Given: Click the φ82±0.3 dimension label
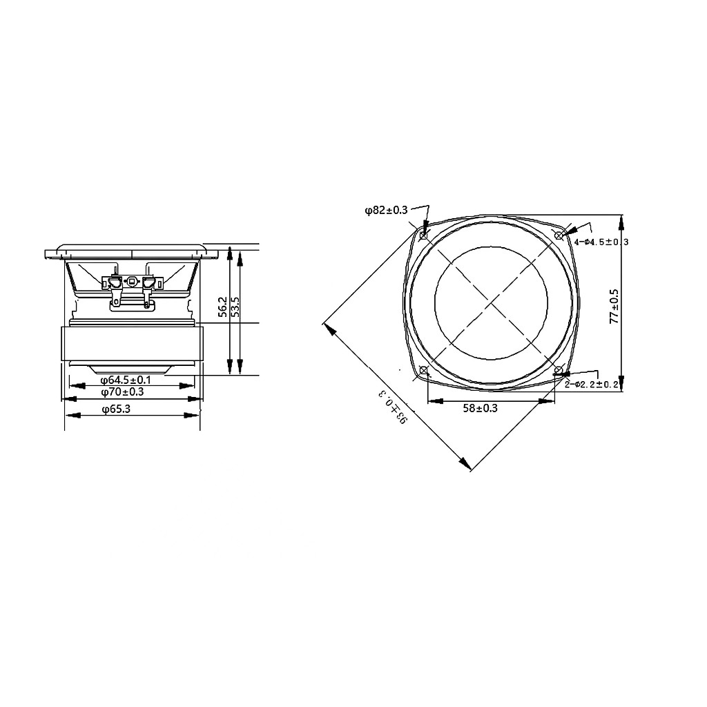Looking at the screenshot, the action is pos(386,210).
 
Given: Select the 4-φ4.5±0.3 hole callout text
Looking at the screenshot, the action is pos(601,242).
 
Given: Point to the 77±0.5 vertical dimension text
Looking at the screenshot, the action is pos(614,307).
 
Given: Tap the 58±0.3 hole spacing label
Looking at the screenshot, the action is pos(481,408).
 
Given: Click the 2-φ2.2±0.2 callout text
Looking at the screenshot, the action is pos(592,384).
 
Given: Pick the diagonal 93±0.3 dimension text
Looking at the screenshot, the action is pos(393,407).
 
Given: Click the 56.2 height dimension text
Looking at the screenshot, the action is pos(223,307).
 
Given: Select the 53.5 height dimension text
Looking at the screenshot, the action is pos(235,307).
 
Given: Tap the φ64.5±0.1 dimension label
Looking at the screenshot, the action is pos(126,380).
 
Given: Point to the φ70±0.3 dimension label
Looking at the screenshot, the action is pos(122,392).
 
